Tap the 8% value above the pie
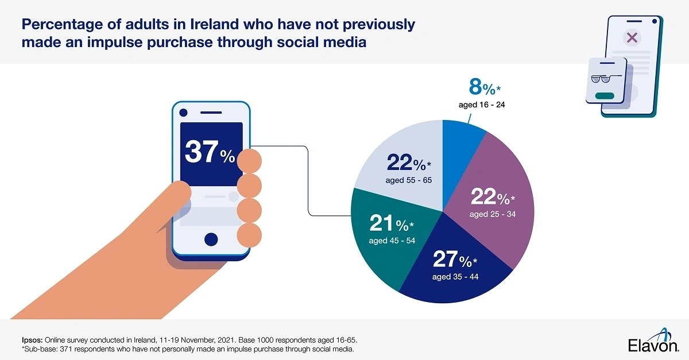point(482,88)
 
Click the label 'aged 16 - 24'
point(481,105)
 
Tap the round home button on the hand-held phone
point(211,239)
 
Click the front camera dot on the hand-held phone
point(184,112)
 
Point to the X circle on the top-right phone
point(632,38)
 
